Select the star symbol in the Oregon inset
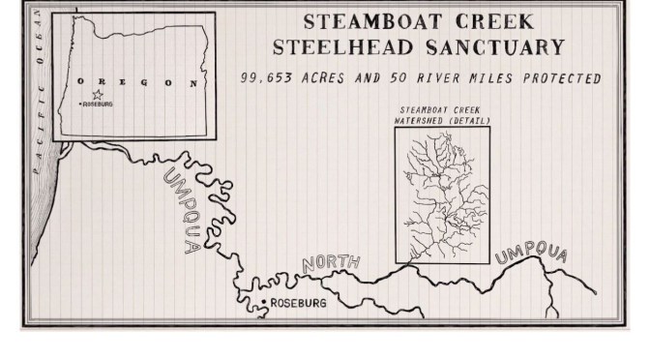97,95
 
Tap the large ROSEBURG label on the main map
300,304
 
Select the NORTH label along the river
331,262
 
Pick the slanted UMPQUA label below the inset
182,210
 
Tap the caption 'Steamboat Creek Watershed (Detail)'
442,115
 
